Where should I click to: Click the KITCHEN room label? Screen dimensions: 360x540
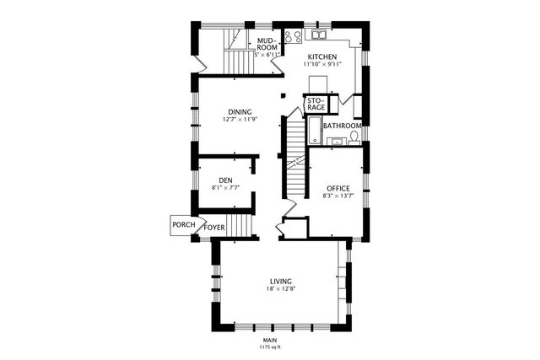321,56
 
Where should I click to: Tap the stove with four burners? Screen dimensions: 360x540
294,36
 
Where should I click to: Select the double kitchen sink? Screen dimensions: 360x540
319,35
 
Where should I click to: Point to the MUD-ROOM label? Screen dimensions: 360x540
267,44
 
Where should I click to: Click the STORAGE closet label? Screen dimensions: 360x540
316,105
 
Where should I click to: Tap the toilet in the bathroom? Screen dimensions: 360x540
355,136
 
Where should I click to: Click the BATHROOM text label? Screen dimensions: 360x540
342,126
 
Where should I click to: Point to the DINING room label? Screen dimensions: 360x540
240,111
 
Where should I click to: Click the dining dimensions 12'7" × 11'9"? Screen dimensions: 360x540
240,120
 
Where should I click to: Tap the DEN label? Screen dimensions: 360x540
225,180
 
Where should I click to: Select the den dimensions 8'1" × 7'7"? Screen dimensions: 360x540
225,188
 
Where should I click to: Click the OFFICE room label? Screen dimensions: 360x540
338,188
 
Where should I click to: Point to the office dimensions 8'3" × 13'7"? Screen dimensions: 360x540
338,196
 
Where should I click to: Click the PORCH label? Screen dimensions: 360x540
183,224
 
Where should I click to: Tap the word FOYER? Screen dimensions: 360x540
214,226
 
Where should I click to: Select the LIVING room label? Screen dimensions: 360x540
281,281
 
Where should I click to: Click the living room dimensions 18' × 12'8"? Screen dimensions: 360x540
281,289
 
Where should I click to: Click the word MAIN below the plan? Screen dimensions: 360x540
270,340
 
